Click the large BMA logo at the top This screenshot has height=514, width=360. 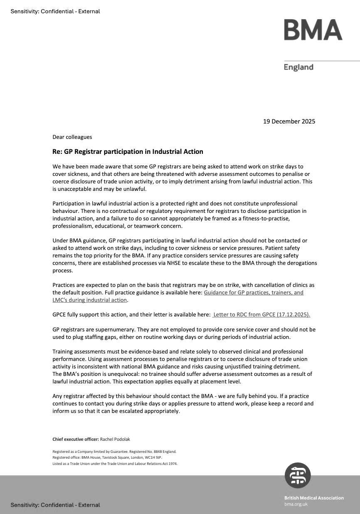pyautogui.click(x=313, y=30)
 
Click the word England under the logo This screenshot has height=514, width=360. pyautogui.click(x=298, y=67)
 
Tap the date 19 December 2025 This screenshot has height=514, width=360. pyautogui.click(x=289, y=121)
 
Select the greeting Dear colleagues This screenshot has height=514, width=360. pyautogui.click(x=72, y=137)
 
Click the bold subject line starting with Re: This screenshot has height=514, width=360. pyautogui.click(x=128, y=151)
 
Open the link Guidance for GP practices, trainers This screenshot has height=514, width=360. pyautogui.click(x=254, y=292)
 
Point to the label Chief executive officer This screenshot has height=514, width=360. pyautogui.click(x=75, y=439)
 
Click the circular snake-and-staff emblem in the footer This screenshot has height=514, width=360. pyautogui.click(x=298, y=475)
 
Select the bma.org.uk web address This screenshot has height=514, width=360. pyautogui.click(x=296, y=504)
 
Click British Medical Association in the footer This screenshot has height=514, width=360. pyautogui.click(x=314, y=498)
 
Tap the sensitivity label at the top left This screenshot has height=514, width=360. pyautogui.click(x=55, y=11)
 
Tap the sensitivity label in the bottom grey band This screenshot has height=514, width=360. pyautogui.click(x=55, y=505)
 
